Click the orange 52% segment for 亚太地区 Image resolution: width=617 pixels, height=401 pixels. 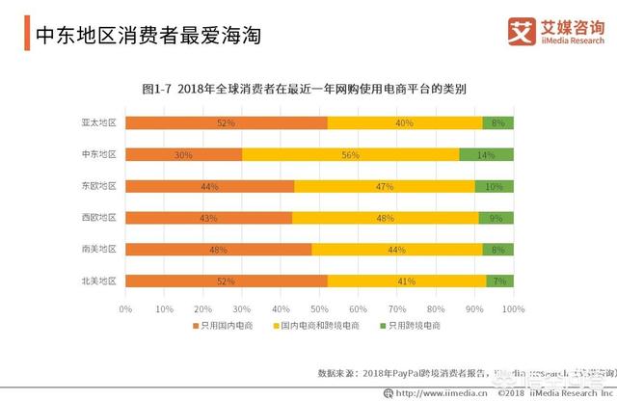[x=227, y=122]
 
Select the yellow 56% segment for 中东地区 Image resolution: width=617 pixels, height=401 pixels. [x=350, y=154]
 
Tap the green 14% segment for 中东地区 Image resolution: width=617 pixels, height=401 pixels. [x=486, y=154]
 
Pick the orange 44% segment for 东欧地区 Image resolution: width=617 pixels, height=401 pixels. [x=210, y=186]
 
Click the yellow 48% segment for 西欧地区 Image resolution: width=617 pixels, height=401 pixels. [x=385, y=218]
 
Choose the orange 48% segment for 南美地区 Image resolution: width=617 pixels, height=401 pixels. [x=219, y=250]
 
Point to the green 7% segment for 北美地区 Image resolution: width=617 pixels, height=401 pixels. [x=499, y=281]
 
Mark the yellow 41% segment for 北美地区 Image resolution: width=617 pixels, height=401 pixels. [x=406, y=281]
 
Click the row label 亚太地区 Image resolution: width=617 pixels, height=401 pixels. [x=98, y=122]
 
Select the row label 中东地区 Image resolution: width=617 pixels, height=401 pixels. [x=98, y=154]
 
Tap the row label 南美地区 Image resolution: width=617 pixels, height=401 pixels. [x=98, y=250]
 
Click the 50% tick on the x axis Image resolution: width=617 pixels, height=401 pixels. [x=319, y=308]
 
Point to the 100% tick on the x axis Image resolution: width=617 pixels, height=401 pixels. [x=512, y=308]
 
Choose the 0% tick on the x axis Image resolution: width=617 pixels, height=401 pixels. [x=125, y=308]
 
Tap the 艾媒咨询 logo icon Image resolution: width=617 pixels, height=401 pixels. [x=522, y=31]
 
